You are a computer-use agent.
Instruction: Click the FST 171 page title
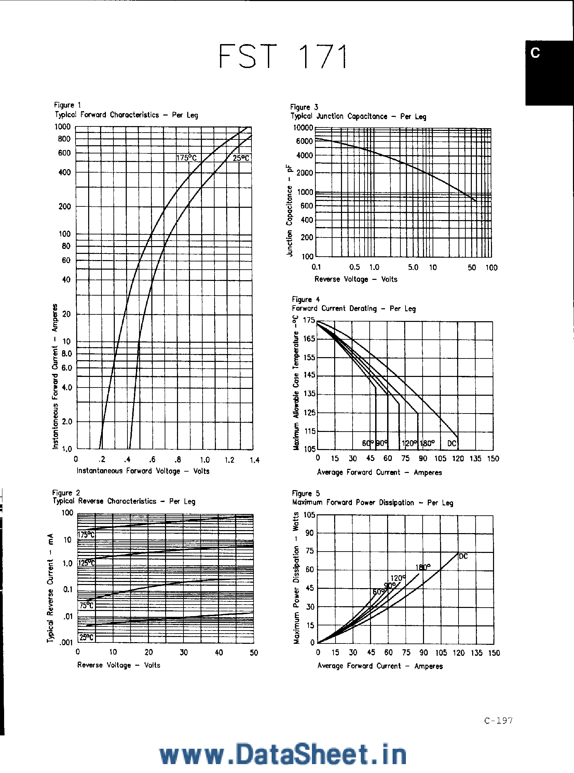coord(283,56)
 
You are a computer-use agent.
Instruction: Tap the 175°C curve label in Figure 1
coord(187,158)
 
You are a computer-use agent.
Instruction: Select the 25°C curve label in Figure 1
coord(241,158)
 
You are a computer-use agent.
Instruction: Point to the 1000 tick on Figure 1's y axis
coord(63,127)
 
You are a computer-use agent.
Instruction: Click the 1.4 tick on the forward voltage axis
coord(255,460)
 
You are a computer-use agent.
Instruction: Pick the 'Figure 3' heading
coord(304,107)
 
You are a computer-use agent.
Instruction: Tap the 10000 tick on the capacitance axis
coord(303,128)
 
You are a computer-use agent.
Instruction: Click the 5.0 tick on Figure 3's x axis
coord(413,267)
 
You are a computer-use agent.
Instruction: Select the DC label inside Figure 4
coord(452,443)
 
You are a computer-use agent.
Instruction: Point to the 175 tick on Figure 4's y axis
coord(309,320)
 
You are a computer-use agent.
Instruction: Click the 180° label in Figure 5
coord(423,567)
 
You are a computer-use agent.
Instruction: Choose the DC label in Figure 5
coord(463,556)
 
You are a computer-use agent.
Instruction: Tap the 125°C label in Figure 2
coord(86,563)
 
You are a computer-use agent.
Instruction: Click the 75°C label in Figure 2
coord(86,606)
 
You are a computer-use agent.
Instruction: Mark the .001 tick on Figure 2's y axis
coord(66,642)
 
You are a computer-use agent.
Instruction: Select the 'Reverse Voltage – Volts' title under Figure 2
coord(119,665)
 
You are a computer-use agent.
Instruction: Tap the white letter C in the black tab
coord(535,53)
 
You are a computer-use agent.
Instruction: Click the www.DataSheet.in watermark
coord(283,755)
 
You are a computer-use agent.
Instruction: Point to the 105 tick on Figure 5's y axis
coord(309,515)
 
